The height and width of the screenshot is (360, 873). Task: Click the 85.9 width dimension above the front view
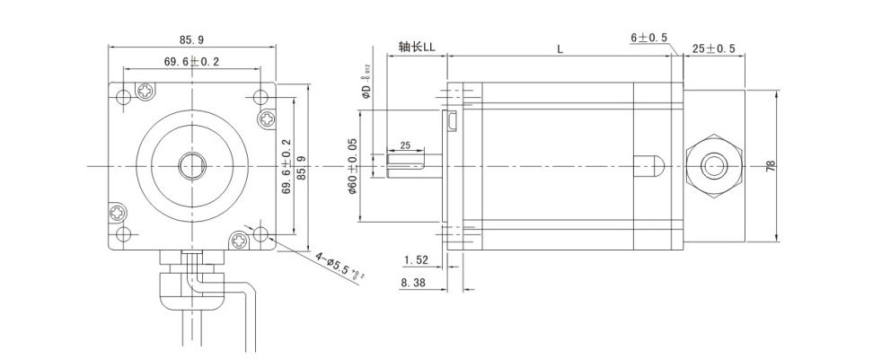(192, 40)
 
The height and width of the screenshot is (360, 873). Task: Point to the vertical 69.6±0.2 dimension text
(287, 167)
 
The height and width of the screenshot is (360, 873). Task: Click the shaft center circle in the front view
(192, 166)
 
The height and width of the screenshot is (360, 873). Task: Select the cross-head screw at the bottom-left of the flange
(120, 214)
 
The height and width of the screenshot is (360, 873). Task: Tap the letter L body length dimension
(560, 50)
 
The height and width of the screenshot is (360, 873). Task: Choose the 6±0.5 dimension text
(648, 38)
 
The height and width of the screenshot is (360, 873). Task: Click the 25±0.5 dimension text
(714, 48)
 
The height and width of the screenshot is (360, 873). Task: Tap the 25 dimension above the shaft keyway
(404, 145)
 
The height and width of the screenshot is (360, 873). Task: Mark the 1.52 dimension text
(416, 260)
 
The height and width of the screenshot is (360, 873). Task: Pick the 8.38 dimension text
(416, 282)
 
